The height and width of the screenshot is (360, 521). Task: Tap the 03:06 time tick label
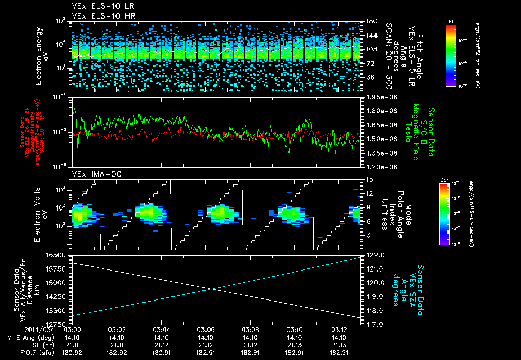tap(206, 329)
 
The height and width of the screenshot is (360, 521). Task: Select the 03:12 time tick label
tap(339, 329)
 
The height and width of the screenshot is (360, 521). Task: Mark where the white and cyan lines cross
tap(211, 289)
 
